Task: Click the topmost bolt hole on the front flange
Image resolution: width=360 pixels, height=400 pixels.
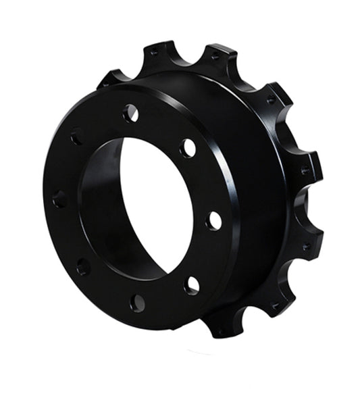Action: tap(131, 114)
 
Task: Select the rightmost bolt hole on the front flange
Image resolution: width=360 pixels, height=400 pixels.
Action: tap(214, 220)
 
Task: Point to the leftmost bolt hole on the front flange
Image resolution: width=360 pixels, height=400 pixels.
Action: tap(59, 199)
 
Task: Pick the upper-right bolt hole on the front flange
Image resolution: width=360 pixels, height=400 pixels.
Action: tap(188, 148)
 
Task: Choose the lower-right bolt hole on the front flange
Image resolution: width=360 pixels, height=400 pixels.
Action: tap(192, 285)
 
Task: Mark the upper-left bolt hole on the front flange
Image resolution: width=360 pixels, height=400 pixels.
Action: tap(76, 137)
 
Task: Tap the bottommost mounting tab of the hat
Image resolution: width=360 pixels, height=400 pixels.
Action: tap(222, 328)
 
